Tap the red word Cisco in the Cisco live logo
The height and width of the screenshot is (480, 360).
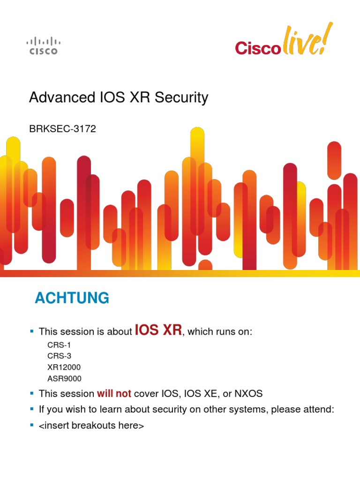(257, 48)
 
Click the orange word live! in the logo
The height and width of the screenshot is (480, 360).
(303, 41)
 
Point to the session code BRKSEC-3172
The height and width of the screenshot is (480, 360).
(62, 129)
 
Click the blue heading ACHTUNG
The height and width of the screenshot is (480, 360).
(72, 298)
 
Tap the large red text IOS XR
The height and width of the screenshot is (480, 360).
(158, 330)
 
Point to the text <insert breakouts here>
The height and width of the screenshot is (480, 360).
(91, 426)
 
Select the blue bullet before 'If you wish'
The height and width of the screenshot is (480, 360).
(32, 409)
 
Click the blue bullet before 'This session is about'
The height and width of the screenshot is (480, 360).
(32, 331)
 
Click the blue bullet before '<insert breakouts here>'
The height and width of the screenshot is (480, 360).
(32, 426)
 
